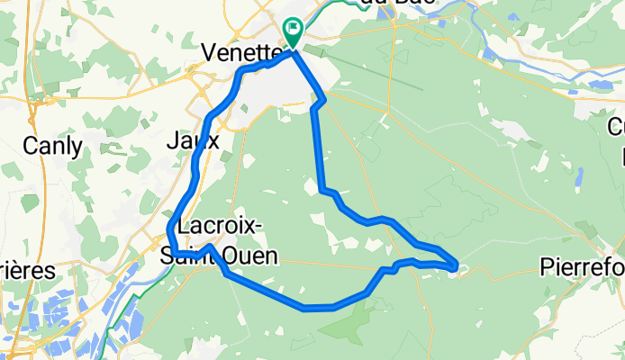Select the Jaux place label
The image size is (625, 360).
194,140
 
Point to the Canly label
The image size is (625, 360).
52,145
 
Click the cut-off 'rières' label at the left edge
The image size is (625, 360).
27,270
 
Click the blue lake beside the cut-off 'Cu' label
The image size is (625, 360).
598,85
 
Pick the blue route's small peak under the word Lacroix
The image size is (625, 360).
209,246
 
